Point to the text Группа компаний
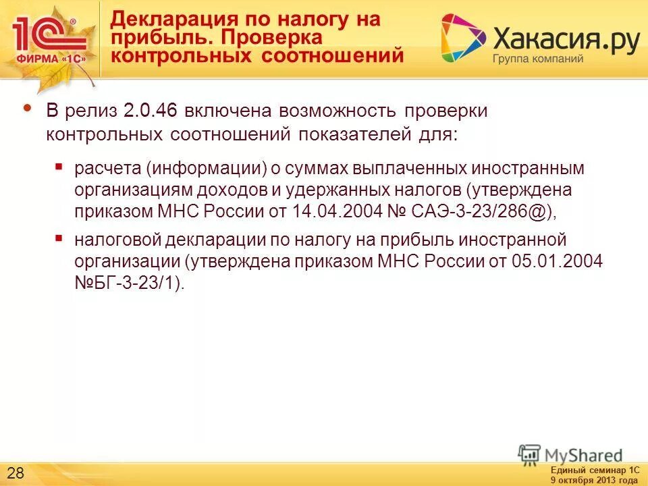click(x=537, y=59)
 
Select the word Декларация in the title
click(x=169, y=20)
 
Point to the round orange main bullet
click(x=28, y=108)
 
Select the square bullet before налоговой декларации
click(x=59, y=238)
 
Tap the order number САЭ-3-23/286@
click(x=471, y=211)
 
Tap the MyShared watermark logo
click(x=571, y=455)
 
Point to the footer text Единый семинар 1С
click(x=594, y=470)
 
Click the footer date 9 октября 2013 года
click(x=594, y=480)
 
